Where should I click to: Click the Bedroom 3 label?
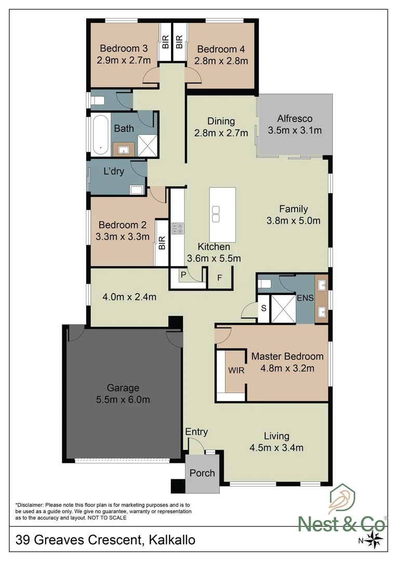pyautogui.click(x=124, y=48)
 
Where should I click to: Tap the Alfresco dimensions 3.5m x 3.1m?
pyautogui.click(x=294, y=130)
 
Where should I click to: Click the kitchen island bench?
pyautogui.click(x=222, y=215)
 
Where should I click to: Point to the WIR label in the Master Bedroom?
pyautogui.click(x=236, y=371)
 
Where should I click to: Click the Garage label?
pyautogui.click(x=123, y=388)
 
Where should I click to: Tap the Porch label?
pyautogui.click(x=202, y=473)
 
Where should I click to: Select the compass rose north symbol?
pyautogui.click(x=374, y=540)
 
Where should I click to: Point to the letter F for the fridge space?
pyautogui.click(x=219, y=278)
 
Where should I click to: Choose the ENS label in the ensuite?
pyautogui.click(x=303, y=299)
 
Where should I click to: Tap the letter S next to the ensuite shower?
pyautogui.click(x=263, y=308)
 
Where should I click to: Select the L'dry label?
pyautogui.click(x=113, y=171)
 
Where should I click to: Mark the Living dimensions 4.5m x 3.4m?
pyautogui.click(x=276, y=447)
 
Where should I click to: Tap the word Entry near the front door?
pyautogui.click(x=196, y=432)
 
